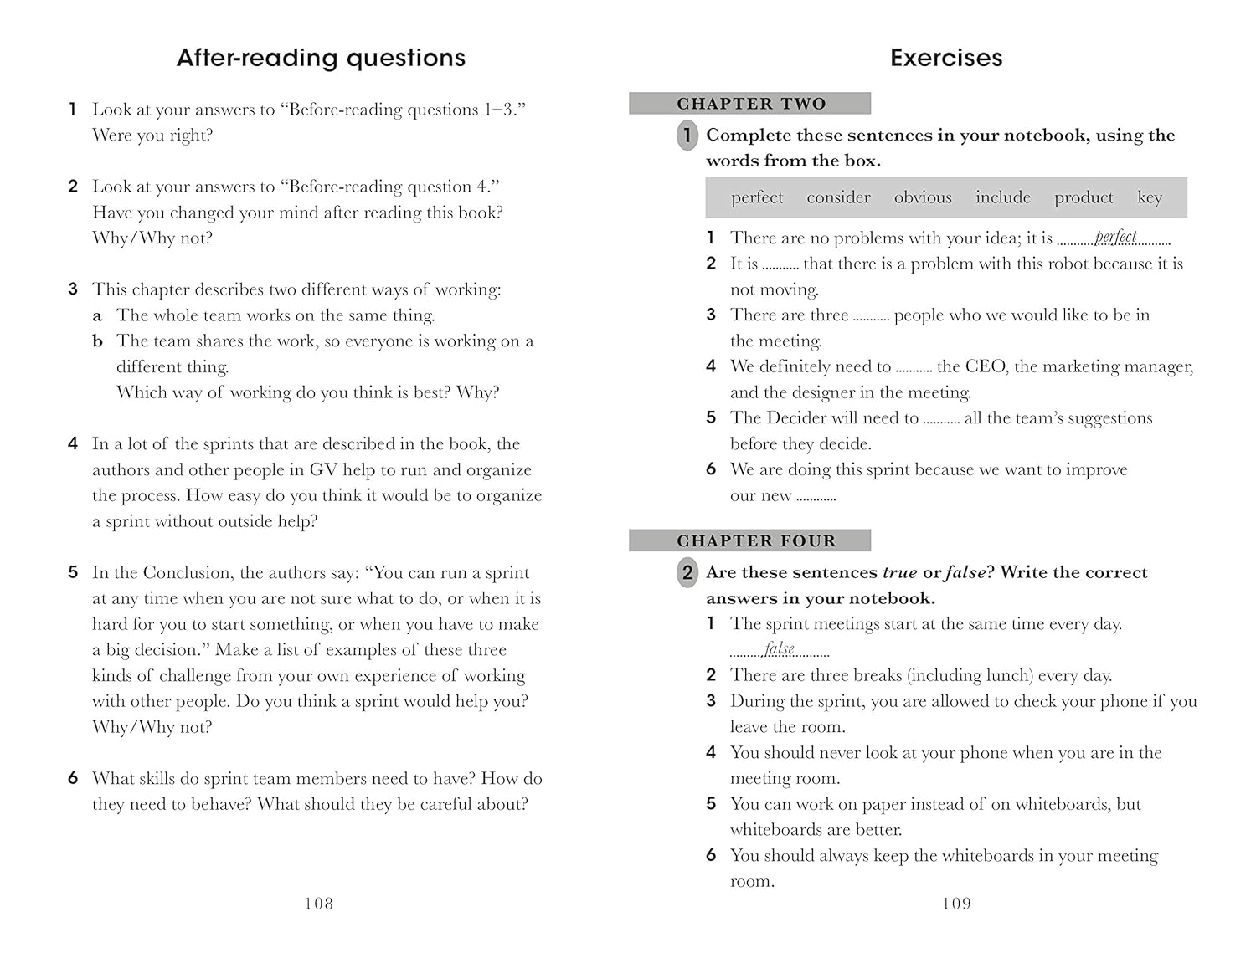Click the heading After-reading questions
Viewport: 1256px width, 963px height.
(321, 58)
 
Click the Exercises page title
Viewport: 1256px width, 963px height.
(945, 58)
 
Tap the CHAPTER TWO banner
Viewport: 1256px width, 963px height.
(750, 104)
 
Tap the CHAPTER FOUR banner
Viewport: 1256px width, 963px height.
(750, 541)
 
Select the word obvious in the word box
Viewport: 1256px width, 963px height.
(923, 197)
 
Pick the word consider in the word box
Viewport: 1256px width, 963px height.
(838, 197)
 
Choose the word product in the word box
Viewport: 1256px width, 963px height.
(1084, 197)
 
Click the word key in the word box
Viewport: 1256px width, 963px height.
(1149, 197)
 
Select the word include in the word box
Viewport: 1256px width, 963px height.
(1002, 197)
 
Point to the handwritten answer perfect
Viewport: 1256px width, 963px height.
(1115, 237)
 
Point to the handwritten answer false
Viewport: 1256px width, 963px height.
(779, 648)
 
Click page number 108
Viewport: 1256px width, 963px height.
(319, 904)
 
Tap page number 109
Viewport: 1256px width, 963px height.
(956, 904)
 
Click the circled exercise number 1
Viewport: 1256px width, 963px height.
(687, 136)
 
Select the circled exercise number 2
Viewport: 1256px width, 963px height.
(687, 573)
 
